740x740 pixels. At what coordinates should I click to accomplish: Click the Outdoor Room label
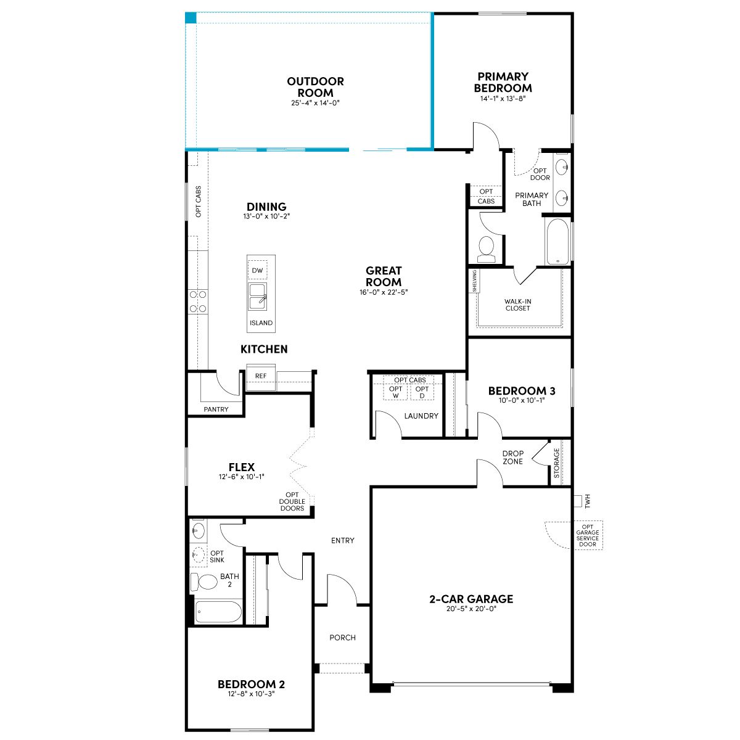315,87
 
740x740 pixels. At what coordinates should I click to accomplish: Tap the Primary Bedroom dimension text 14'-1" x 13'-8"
503,98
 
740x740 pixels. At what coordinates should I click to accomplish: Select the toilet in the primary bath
487,249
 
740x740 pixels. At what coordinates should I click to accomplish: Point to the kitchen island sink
257,297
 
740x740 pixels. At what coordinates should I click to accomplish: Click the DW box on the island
257,270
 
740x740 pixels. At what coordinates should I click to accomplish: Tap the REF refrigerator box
261,377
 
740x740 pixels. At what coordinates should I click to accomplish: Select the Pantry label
216,409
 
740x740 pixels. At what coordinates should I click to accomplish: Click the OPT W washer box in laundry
395,392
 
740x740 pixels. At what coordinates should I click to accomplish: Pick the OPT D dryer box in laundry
422,392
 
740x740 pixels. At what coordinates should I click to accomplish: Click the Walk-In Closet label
517,305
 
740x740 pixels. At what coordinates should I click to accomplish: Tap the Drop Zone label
512,458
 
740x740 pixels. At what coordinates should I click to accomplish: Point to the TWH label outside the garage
587,501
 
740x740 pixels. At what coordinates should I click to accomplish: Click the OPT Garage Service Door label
588,535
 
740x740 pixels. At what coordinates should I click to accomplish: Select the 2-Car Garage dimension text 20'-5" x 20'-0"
471,609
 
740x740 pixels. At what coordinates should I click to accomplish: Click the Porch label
342,638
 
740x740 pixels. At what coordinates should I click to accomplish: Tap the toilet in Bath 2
203,582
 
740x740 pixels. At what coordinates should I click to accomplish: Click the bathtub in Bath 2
218,611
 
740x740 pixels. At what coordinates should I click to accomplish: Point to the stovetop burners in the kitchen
198,302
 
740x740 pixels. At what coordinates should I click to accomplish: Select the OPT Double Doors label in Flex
292,501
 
